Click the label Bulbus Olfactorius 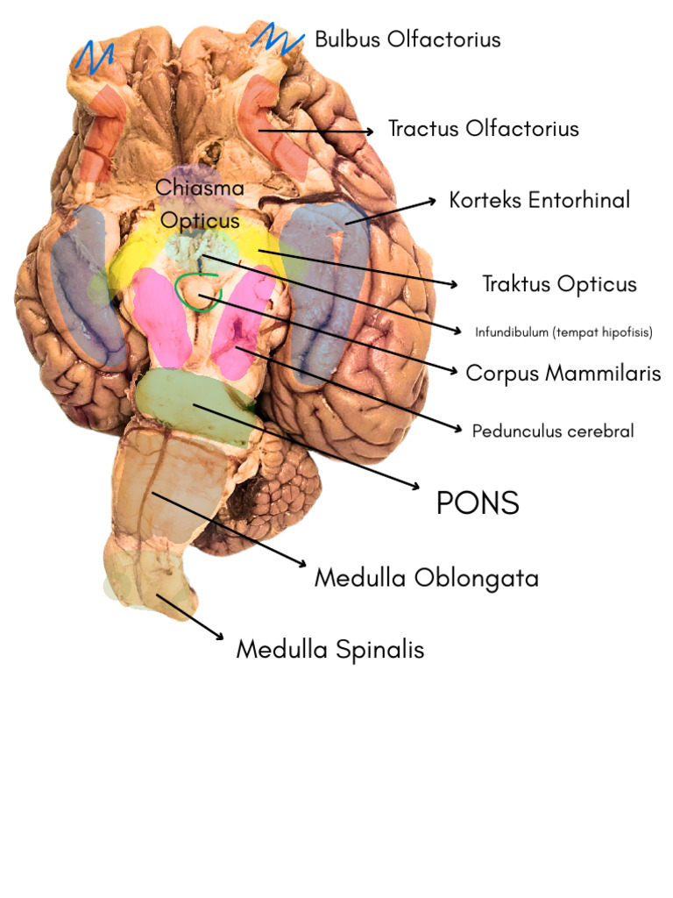pos(407,39)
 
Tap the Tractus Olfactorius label pos(484,129)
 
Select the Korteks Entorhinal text pos(540,200)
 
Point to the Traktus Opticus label pos(559,284)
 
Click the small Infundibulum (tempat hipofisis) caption pos(563,332)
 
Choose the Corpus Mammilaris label pos(563,373)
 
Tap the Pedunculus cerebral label pos(553,431)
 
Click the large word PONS pos(478,502)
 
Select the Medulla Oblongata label pos(427,578)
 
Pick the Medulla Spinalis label pos(330,650)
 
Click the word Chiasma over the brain pos(200,188)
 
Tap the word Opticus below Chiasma pos(200,220)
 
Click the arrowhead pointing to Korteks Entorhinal pos(431,201)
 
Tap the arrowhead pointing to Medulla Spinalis pos(218,636)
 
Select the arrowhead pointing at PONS pos(414,486)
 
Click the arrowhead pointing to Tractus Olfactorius pos(369,132)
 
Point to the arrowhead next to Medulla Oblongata pos(301,564)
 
